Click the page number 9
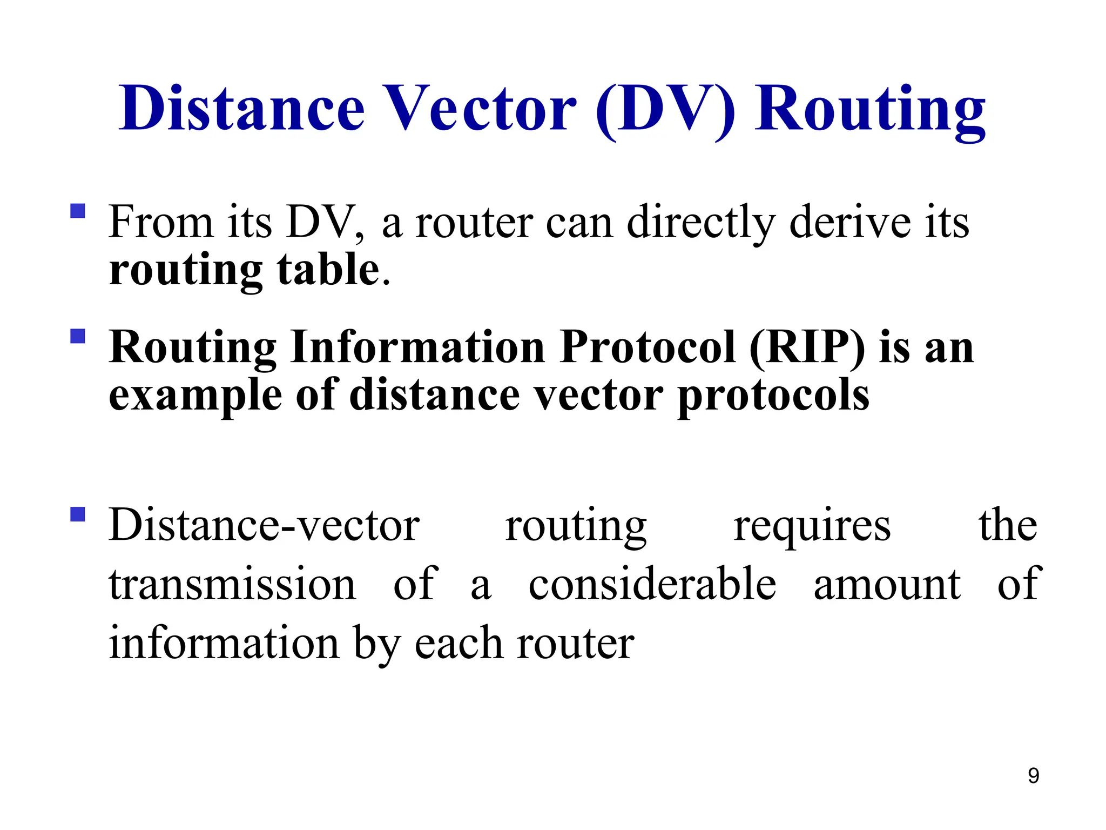coord(1033,775)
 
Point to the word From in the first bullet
coord(160,222)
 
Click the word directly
coord(700,223)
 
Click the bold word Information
coord(417,347)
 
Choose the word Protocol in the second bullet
coord(648,347)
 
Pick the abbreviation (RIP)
coord(807,348)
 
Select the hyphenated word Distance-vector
coord(264,525)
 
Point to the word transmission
coord(232,584)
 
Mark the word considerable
coord(652,584)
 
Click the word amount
coord(887,584)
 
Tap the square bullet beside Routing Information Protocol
coord(78,337)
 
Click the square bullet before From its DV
coord(78,211)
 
